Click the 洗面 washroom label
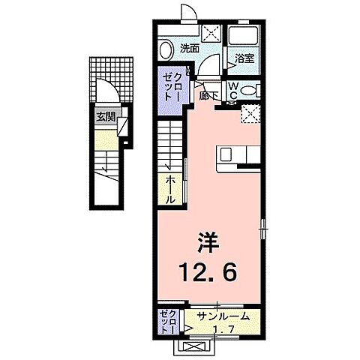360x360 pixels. point(190,49)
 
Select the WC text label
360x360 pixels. point(234,90)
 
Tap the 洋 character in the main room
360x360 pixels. point(208,241)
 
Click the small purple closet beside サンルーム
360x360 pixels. point(167,321)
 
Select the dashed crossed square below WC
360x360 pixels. point(250,112)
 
